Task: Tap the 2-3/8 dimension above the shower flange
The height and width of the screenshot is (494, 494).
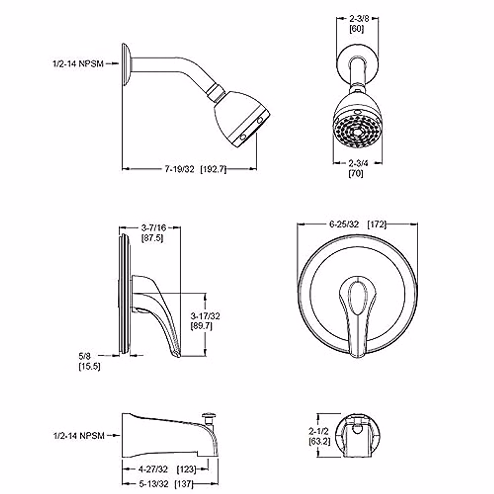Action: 357,19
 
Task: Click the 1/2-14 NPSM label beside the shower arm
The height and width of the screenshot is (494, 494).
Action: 78,64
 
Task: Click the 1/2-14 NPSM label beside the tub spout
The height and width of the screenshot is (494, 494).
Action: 79,435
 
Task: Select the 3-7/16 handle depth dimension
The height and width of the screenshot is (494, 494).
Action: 152,227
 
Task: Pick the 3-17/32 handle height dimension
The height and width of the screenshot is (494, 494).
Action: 205,316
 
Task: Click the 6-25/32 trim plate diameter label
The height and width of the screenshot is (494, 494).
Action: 344,224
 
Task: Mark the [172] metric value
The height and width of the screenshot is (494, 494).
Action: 376,224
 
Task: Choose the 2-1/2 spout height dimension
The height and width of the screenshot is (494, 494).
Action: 318,431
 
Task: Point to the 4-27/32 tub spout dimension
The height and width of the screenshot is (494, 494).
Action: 153,469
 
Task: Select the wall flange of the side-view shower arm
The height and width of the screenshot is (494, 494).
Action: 126,65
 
